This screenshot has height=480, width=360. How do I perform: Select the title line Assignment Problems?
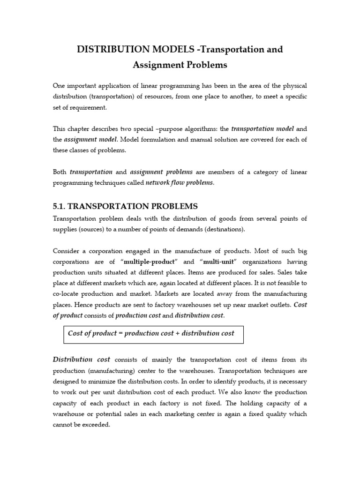tap(180, 65)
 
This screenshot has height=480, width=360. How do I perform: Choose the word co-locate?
tap(68, 294)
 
